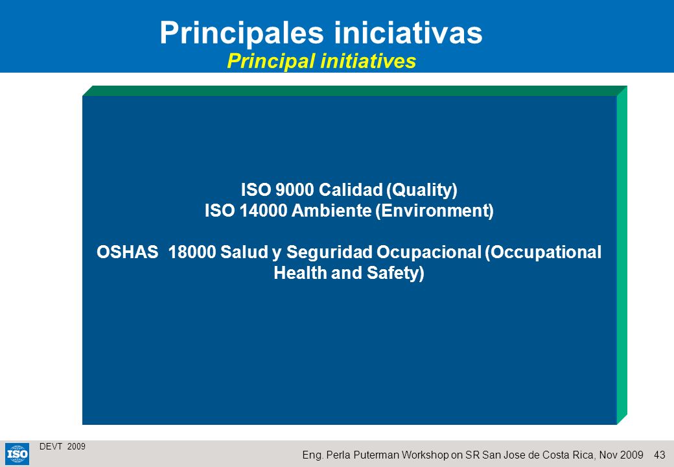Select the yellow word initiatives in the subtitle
368,60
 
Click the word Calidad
351,189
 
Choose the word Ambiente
331,210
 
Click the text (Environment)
435,211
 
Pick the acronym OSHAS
127,252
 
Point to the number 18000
192,252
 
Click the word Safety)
395,273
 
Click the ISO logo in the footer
17,454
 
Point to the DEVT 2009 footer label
62,446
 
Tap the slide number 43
659,455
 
